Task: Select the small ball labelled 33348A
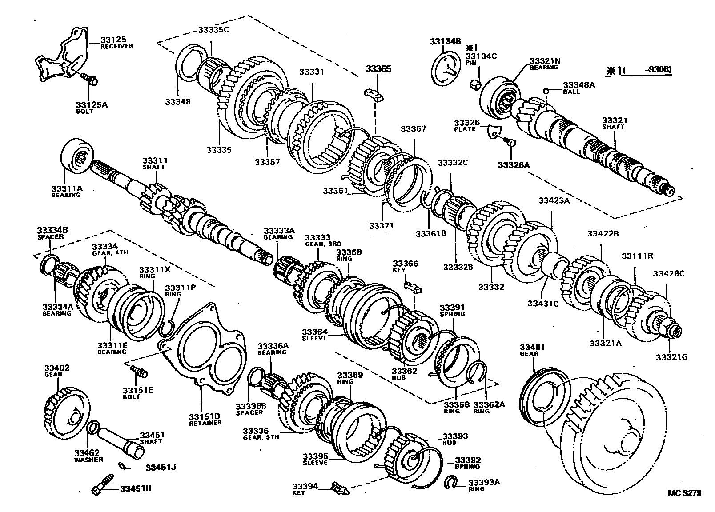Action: [x=546, y=92]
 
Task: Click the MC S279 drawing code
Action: [x=684, y=493]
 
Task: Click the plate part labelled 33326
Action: [x=494, y=131]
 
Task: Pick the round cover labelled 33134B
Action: [x=446, y=68]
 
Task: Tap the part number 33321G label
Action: [x=671, y=356]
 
